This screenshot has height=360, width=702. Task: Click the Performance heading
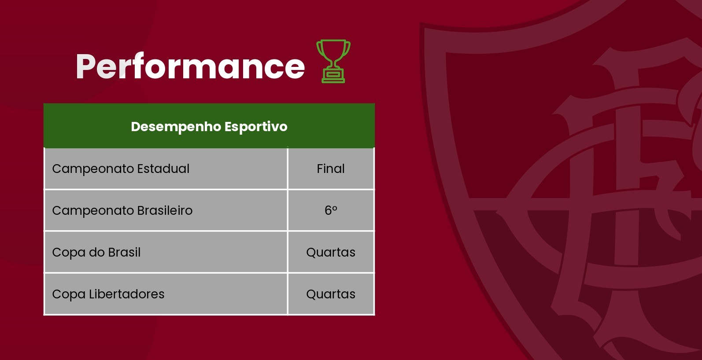(190, 66)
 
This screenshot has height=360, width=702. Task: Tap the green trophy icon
(333, 61)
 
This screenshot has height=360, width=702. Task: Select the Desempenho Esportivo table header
(209, 126)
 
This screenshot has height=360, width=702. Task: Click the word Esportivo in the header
(256, 127)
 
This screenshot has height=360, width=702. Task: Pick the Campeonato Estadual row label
(121, 169)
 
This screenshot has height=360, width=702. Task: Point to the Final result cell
(331, 169)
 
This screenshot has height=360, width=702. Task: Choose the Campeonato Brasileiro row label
(122, 210)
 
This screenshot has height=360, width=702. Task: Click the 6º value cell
(331, 210)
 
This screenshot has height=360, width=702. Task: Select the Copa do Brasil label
(96, 252)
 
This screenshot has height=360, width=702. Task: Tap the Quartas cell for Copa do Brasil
(331, 252)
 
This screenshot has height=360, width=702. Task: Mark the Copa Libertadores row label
(108, 294)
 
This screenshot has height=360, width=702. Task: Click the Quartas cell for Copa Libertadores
(331, 294)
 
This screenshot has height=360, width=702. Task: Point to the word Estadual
(163, 169)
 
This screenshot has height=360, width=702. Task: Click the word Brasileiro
(165, 210)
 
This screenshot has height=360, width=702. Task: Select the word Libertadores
(126, 294)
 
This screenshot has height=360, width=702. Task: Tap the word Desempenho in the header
(176, 127)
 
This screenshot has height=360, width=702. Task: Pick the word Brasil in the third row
(124, 252)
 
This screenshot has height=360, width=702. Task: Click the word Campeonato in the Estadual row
(93, 169)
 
